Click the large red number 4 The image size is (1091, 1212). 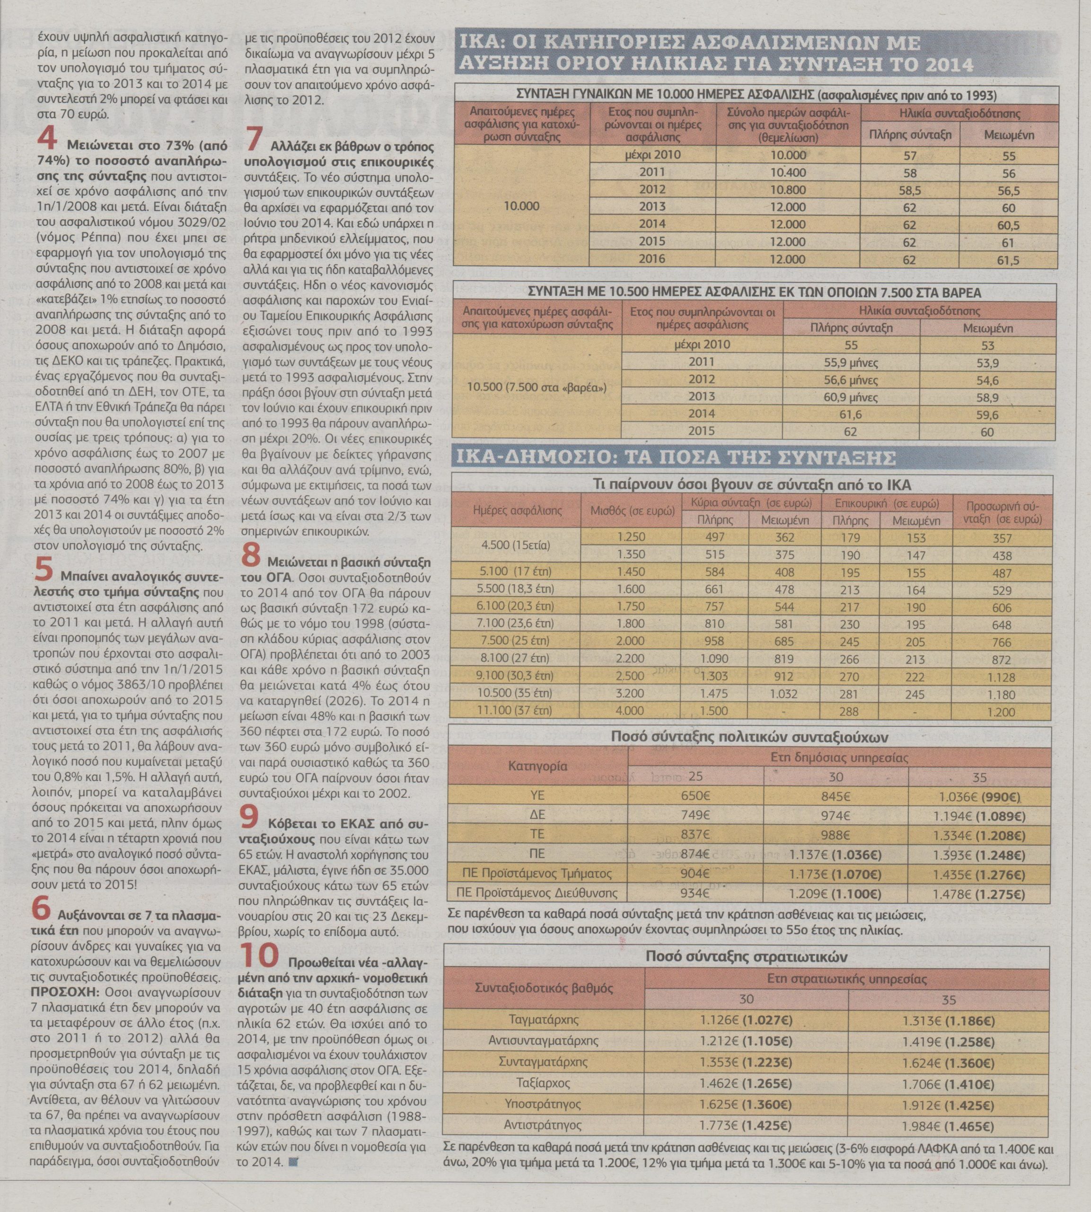point(47,139)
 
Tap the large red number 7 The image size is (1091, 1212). point(254,139)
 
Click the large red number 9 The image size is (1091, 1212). point(250,818)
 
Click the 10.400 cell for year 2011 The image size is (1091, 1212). point(788,173)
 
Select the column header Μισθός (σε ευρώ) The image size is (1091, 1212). point(633,511)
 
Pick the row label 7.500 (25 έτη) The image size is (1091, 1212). point(515,641)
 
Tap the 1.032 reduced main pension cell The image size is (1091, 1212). point(784,694)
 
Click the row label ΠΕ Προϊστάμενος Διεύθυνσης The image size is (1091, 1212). point(537,892)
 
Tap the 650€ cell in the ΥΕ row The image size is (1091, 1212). point(695,796)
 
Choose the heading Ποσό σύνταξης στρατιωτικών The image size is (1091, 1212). point(746,956)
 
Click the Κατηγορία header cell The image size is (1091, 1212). point(538,766)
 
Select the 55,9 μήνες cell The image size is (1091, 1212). point(851,362)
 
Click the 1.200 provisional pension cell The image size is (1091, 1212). point(1002,713)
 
